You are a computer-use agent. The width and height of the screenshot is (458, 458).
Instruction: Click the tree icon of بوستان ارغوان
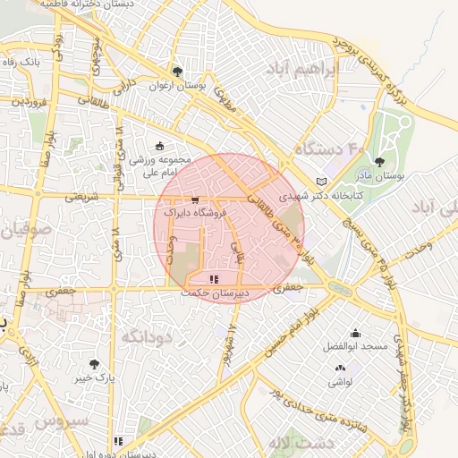(x=177, y=72)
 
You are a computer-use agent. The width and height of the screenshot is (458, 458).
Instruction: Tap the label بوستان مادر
(x=380, y=177)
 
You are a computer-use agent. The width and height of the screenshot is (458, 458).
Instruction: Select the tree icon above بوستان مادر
(x=380, y=162)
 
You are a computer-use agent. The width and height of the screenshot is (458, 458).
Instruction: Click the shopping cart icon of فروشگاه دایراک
(x=195, y=200)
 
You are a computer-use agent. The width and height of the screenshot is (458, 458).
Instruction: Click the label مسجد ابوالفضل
(x=355, y=346)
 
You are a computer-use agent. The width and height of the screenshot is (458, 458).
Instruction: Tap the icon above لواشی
(x=340, y=368)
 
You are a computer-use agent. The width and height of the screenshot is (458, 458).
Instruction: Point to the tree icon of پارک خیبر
(x=95, y=364)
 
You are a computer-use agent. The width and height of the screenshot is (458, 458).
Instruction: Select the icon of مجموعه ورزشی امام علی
(x=159, y=145)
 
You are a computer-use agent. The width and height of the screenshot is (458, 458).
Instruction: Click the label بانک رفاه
(x=22, y=63)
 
